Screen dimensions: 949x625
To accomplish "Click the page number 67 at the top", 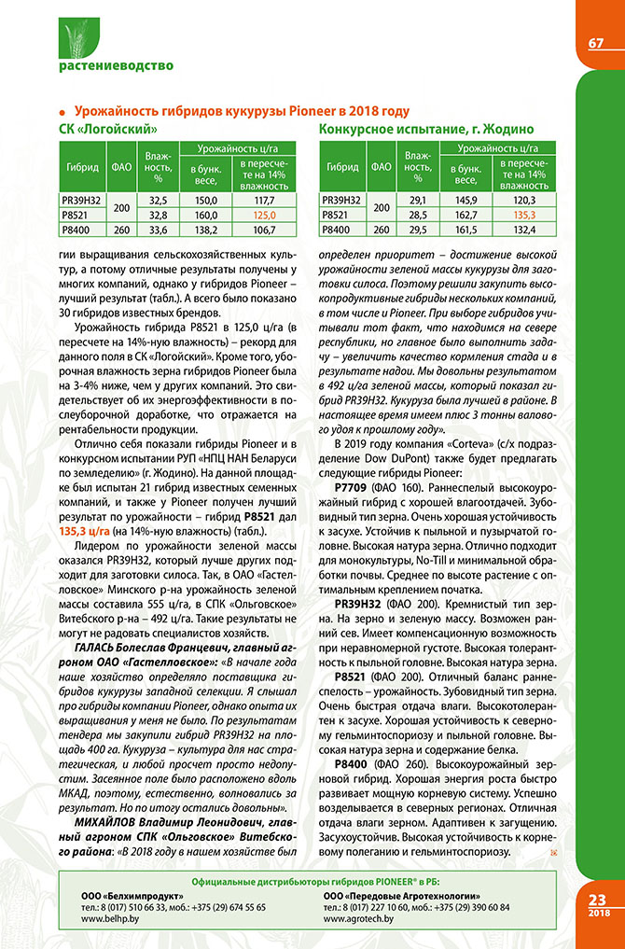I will click(596, 44).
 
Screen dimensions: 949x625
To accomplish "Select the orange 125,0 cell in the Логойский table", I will click(265, 214).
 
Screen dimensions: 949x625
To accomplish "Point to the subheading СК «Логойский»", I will click(107, 127).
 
